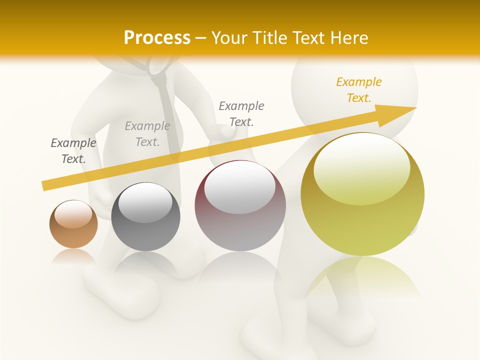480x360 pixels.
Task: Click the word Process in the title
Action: tap(157, 37)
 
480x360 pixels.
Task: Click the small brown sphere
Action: tap(73, 224)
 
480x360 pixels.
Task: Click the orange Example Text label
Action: tap(358, 90)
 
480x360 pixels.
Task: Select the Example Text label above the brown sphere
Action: tap(73, 151)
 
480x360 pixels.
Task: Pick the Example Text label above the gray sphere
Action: tap(147, 134)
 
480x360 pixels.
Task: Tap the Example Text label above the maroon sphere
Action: tap(241, 113)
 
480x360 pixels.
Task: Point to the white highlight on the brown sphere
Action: tap(73, 213)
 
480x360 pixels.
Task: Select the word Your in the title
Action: tap(231, 37)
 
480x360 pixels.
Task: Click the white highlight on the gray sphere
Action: tap(145, 202)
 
